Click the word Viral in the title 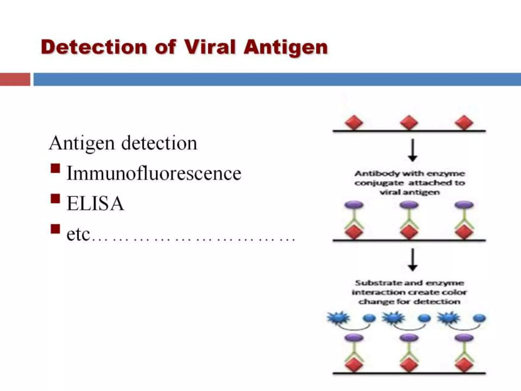213,47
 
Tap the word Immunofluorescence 154,173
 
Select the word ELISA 95,204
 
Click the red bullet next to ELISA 55,199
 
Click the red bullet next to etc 55,229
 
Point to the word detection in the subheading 159,143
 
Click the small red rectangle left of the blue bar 15,79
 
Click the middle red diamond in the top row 409,123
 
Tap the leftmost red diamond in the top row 354,123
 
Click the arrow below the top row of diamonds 412,150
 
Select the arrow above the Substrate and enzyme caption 412,260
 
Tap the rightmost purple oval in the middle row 464,205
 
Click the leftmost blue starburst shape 338,318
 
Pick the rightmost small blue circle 479,318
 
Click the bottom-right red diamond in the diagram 464,365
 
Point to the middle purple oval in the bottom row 409,338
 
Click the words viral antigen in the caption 410,192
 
